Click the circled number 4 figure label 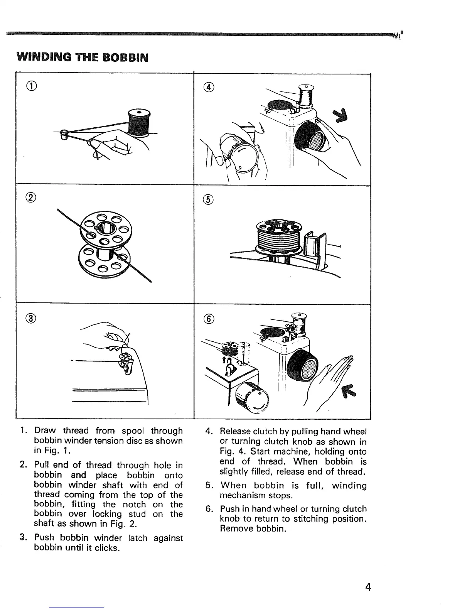(x=209, y=88)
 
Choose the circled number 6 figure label (x=209, y=319)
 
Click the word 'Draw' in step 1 (x=45, y=430)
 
